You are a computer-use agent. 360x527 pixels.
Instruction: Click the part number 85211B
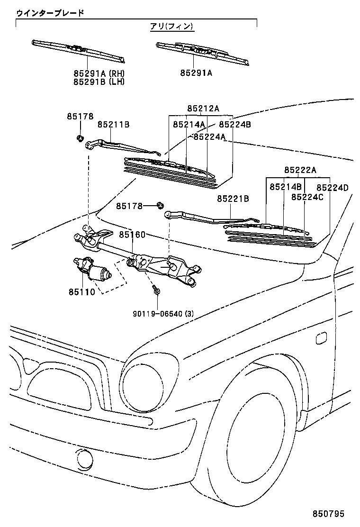coord(114,125)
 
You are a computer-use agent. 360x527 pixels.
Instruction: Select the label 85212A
coord(203,109)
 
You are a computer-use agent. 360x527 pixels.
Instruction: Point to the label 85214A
coord(189,125)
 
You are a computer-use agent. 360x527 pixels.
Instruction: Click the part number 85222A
coord(300,170)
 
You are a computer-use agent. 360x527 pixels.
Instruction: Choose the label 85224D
coord(332,188)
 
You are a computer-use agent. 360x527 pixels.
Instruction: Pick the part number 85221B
coord(233,199)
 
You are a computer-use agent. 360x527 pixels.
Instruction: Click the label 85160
coord(132,235)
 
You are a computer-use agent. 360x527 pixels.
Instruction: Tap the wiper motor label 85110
coord(83,292)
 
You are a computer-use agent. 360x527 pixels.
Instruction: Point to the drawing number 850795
coord(328,514)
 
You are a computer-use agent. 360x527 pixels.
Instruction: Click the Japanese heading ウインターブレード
coord(50,13)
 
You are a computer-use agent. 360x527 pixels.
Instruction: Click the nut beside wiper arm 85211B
coord(80,138)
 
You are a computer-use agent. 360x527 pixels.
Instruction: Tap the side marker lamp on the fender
coord(320,338)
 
